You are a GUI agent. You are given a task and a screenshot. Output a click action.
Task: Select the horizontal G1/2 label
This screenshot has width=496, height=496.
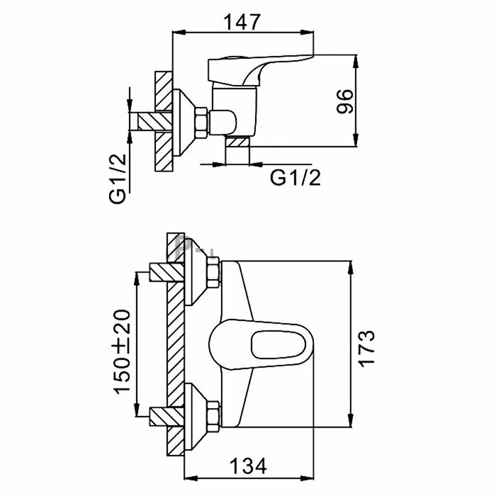coord(295,178)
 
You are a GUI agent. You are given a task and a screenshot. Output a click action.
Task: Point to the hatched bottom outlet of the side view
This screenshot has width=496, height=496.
coord(238,152)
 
